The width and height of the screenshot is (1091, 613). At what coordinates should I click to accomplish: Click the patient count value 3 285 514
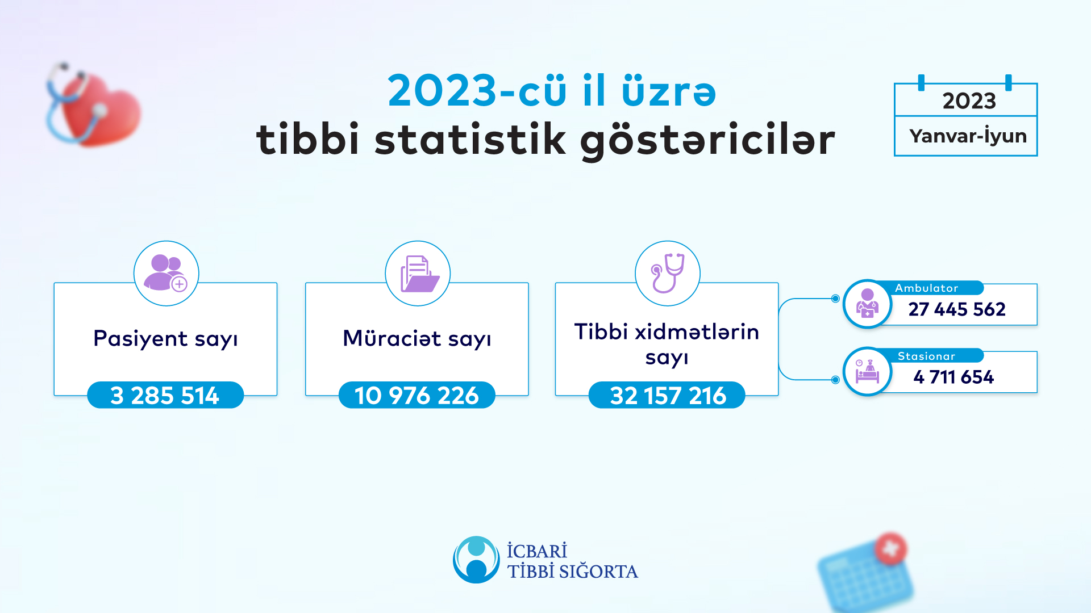(165, 395)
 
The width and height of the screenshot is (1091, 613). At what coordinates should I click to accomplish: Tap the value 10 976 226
(417, 395)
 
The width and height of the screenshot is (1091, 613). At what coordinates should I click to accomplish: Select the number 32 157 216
(667, 395)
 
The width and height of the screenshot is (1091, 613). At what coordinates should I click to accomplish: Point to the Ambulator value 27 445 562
(957, 309)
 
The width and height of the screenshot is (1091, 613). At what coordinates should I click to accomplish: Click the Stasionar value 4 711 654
(953, 377)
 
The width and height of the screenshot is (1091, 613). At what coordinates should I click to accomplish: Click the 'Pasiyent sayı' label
(165, 339)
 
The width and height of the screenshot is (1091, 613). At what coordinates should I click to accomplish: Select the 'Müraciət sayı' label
(417, 339)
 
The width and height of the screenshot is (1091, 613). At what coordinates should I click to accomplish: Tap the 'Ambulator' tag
(926, 288)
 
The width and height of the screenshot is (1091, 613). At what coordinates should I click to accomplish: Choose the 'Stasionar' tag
(926, 356)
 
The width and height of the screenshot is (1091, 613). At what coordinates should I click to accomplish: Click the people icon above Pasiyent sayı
(166, 273)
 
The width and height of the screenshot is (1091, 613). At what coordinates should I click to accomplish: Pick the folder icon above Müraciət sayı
(418, 274)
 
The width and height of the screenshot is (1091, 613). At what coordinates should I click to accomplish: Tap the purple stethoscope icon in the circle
(668, 273)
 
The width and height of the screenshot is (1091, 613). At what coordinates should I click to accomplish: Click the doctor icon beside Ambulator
(867, 304)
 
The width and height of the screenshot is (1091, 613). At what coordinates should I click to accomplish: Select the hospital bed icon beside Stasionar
(867, 372)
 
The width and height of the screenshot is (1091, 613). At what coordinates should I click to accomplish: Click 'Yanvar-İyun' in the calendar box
(968, 136)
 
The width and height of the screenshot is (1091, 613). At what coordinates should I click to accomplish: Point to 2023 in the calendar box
(969, 101)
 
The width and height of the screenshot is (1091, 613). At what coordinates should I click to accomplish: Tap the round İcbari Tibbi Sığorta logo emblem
(476, 560)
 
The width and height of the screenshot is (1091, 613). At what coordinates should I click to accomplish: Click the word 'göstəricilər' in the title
(707, 140)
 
